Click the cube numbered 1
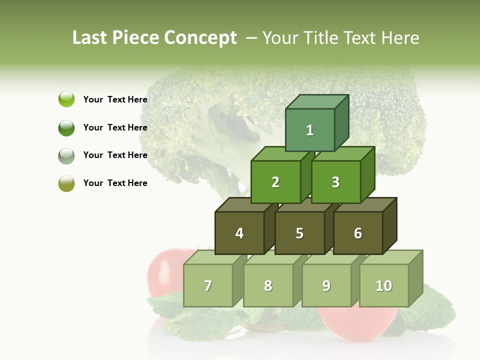(310, 130)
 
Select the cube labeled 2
(275, 182)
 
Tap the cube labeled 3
(335, 182)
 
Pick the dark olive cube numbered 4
(239, 233)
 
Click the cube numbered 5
(299, 233)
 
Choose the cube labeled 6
(358, 233)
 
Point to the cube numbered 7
(208, 285)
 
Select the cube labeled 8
(268, 285)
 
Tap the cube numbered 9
(326, 285)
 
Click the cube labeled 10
(384, 285)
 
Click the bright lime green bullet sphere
(66, 99)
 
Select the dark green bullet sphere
(66, 127)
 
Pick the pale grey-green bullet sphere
(66, 155)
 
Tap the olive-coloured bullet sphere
(66, 183)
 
